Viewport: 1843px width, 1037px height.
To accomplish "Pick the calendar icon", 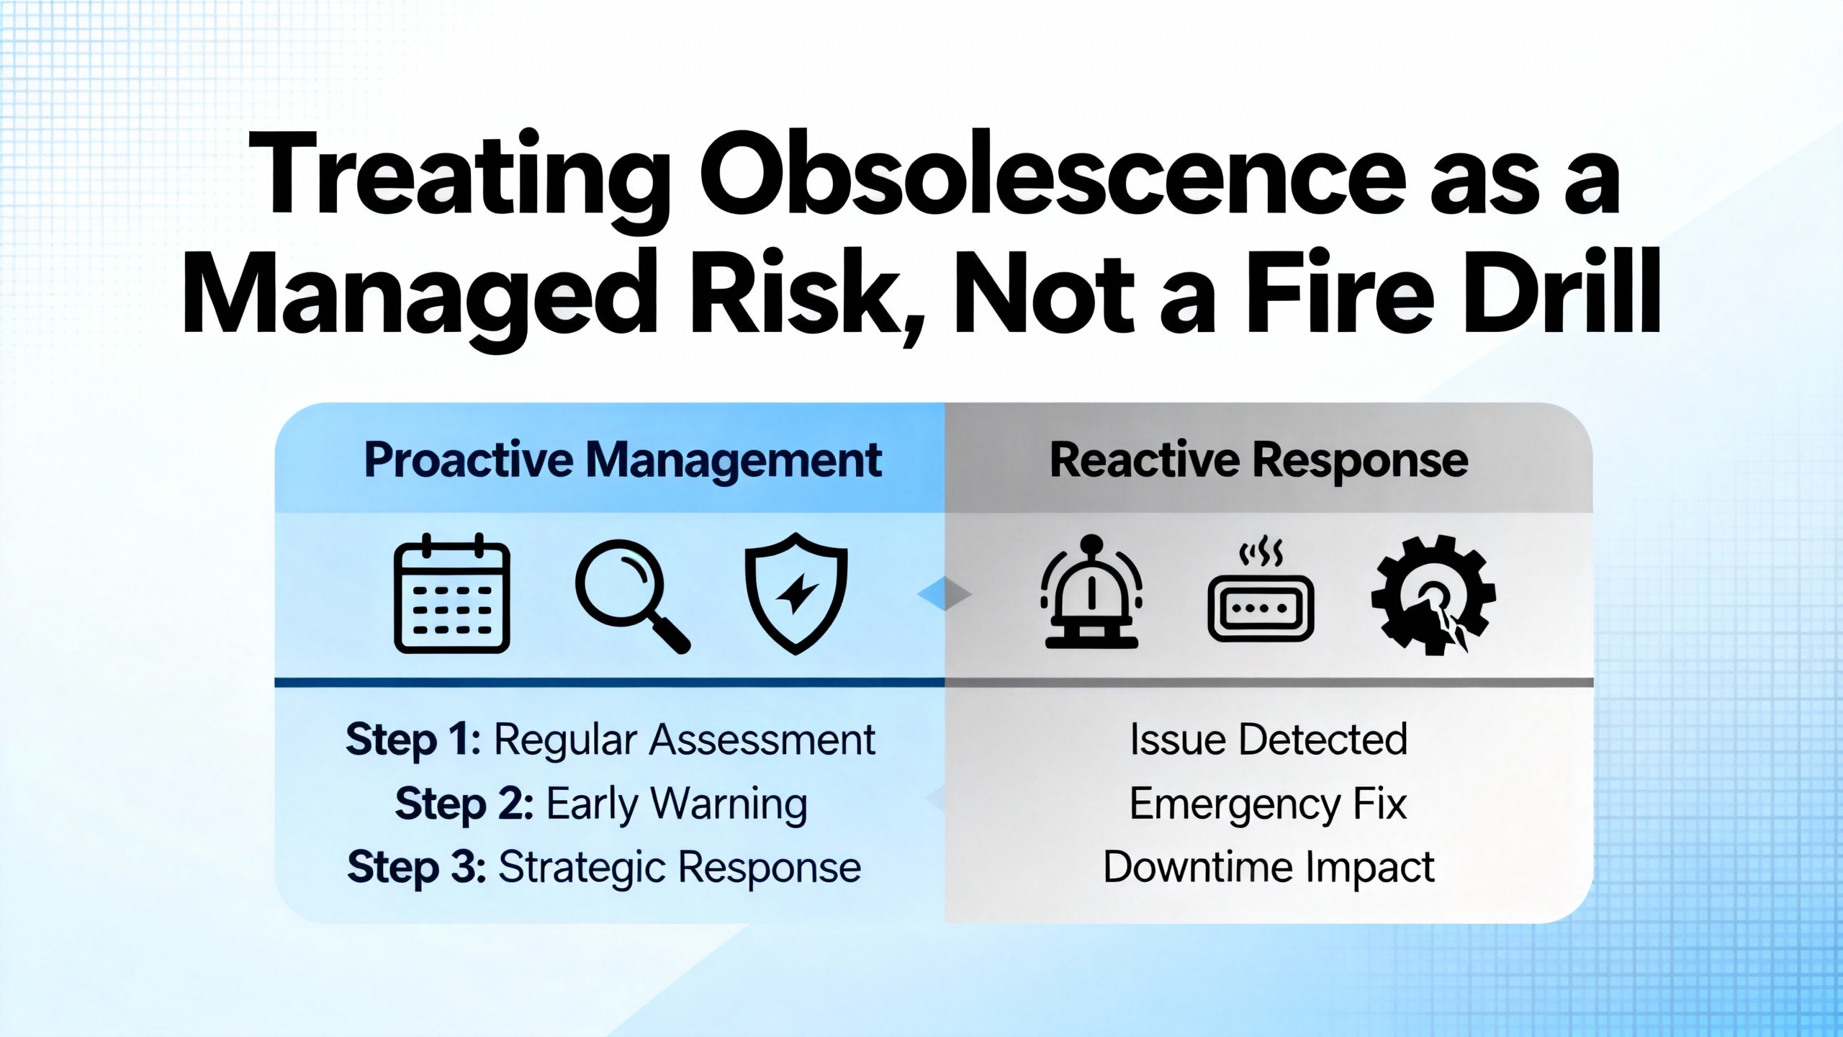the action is pyautogui.click(x=452, y=593).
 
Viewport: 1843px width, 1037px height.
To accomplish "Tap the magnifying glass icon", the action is pyautogui.click(x=632, y=596).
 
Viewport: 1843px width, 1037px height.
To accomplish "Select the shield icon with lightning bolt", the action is pyautogui.click(x=796, y=593).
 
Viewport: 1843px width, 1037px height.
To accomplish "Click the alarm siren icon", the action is pyautogui.click(x=1091, y=592).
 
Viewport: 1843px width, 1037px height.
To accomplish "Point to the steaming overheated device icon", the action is pyautogui.click(x=1261, y=593).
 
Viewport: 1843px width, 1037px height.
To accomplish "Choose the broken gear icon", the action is pyautogui.click(x=1433, y=595).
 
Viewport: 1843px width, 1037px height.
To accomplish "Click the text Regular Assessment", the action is pyautogui.click(x=685, y=740).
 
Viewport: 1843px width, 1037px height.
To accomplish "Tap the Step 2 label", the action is pyautogui.click(x=464, y=804).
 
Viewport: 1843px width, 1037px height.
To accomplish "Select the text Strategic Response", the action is pyautogui.click(x=680, y=868).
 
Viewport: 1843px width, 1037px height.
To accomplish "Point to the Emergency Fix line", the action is pyautogui.click(x=1268, y=804).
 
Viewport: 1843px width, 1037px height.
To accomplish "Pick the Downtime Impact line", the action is pyautogui.click(x=1269, y=868).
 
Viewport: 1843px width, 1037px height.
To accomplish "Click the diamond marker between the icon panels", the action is pyautogui.click(x=945, y=593).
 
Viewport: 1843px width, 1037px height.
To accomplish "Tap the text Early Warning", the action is pyautogui.click(x=677, y=804).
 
